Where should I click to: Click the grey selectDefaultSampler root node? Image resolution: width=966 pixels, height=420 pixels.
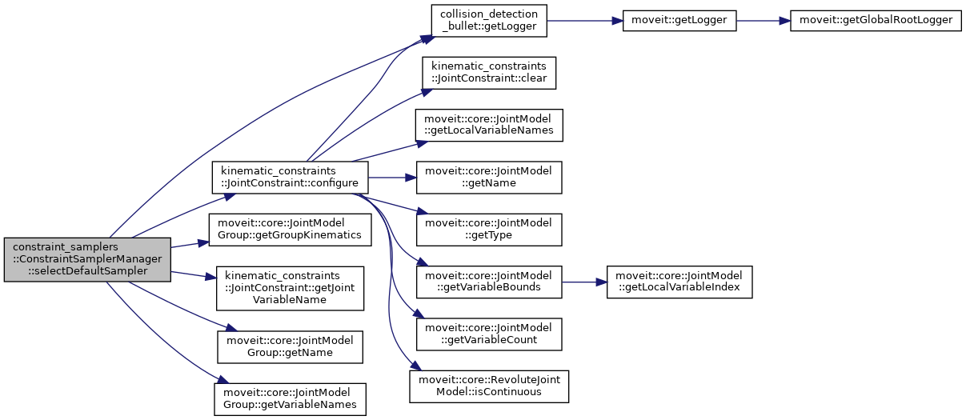(x=87, y=259)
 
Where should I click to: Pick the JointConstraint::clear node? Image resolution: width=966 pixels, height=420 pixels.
(x=489, y=73)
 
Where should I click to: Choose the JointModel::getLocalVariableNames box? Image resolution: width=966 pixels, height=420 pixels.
(x=489, y=125)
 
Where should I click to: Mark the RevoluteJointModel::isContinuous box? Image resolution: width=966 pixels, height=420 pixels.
(x=489, y=386)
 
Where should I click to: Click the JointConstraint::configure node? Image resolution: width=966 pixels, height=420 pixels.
(x=289, y=177)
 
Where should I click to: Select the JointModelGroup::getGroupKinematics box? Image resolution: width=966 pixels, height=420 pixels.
(x=289, y=230)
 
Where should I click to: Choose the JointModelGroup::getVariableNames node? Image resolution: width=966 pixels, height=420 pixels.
(x=290, y=398)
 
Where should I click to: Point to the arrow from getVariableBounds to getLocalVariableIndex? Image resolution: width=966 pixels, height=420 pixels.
(x=583, y=282)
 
